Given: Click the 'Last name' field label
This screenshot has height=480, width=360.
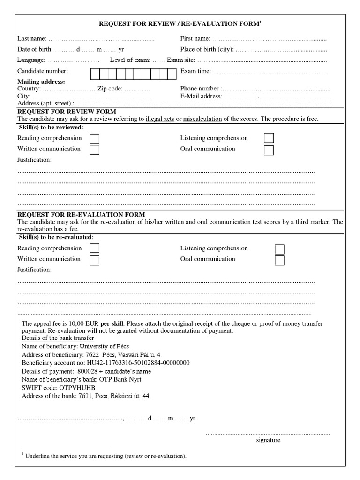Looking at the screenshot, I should coord(31,38).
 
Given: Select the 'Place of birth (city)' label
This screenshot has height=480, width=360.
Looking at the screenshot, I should coord(206,49).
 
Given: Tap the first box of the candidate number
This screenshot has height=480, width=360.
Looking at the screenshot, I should coord(94,74).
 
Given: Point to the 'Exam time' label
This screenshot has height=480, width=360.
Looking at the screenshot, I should coord(195,71).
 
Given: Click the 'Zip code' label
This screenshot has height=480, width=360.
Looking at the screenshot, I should coord(110,88).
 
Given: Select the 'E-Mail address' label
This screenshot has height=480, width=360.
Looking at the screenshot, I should coord(201,96).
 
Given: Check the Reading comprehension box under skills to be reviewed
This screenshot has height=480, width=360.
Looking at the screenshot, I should coord(94,139).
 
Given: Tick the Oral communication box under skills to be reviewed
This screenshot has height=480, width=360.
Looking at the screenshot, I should coord(269,150).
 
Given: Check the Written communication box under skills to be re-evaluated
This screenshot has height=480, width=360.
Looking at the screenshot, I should coord(94,260).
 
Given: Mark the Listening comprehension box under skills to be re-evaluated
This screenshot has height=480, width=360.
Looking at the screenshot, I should coord(279,249).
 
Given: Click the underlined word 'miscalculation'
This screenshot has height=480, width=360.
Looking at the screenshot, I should coord(202,119).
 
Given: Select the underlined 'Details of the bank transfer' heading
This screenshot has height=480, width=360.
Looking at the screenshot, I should coord(58,338).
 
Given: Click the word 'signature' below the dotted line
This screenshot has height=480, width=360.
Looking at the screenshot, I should coord(268,440).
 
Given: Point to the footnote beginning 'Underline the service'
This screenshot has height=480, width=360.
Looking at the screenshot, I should coord(105,456).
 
